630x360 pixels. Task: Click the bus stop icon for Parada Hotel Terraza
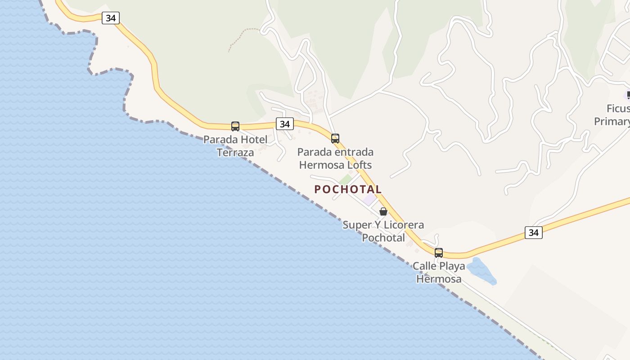(x=235, y=126)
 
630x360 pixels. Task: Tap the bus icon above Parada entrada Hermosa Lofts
(x=335, y=138)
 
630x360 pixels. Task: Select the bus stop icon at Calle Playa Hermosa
(x=439, y=252)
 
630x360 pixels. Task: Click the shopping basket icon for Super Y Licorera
(x=383, y=211)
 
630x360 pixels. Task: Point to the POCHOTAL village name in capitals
(x=348, y=189)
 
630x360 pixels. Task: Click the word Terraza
(x=235, y=153)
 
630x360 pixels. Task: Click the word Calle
(x=425, y=266)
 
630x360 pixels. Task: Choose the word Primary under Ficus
(x=612, y=121)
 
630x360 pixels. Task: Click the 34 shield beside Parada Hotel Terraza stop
(x=284, y=124)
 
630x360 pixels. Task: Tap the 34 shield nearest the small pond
(x=533, y=233)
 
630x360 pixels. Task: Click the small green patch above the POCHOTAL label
(x=346, y=179)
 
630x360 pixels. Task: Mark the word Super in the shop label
(x=357, y=225)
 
